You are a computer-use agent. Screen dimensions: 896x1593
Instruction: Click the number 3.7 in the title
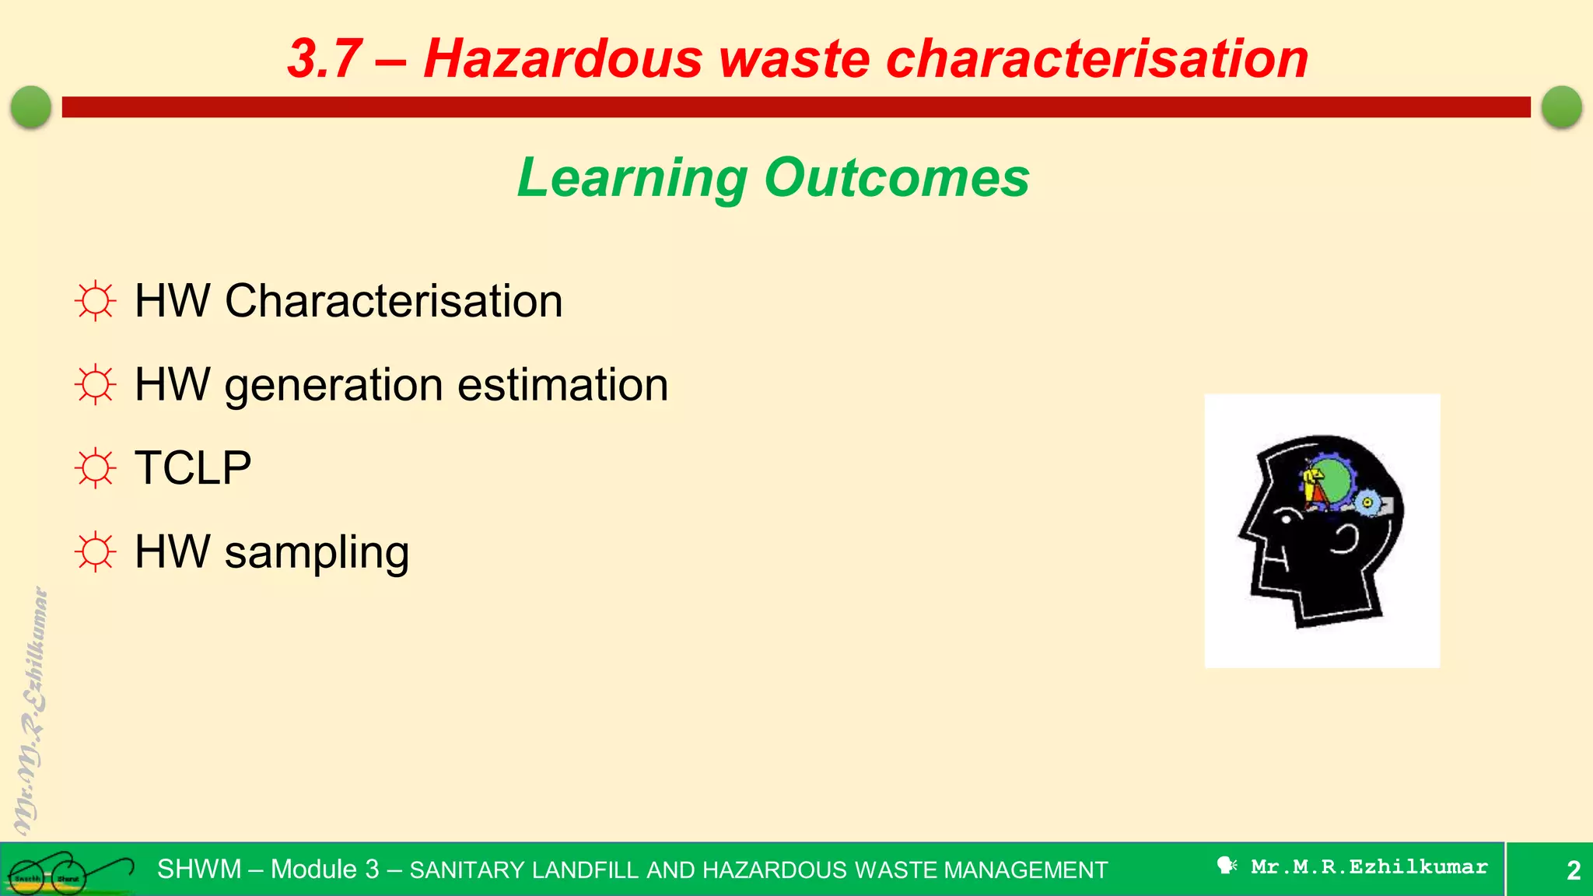(x=325, y=59)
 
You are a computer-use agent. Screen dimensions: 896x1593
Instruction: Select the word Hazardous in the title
(x=562, y=59)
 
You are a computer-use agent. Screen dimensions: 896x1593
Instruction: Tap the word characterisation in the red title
(x=1097, y=59)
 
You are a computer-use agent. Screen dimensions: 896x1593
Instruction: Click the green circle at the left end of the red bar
(x=31, y=107)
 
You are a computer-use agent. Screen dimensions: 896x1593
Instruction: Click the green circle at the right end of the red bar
(x=1561, y=107)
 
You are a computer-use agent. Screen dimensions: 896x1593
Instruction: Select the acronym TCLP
(x=193, y=468)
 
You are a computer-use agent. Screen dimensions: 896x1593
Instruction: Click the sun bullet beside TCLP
(x=96, y=468)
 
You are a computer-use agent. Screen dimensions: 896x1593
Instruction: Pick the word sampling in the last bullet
(x=317, y=553)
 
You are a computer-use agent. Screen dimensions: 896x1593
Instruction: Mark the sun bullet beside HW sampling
(x=96, y=552)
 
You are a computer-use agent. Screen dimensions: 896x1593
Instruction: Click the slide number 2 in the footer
(x=1573, y=870)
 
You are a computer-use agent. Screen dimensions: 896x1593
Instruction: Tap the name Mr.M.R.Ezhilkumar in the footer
(x=1369, y=866)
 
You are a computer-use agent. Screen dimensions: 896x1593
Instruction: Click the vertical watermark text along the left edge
(x=31, y=712)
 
